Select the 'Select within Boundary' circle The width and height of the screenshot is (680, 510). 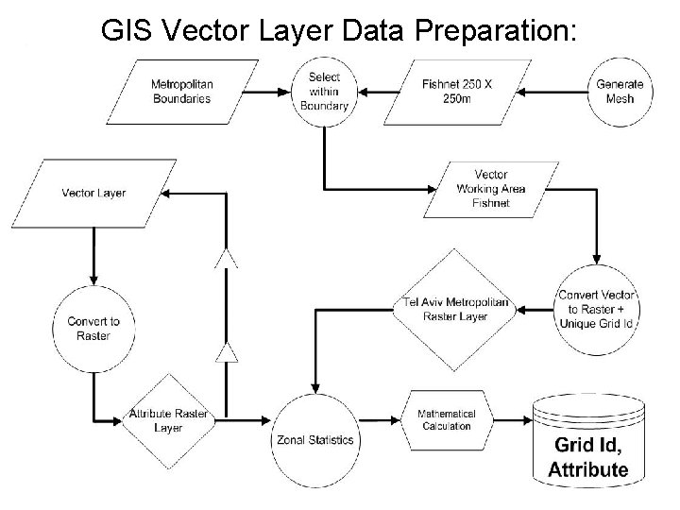[x=324, y=92]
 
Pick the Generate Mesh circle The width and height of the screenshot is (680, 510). [x=620, y=92]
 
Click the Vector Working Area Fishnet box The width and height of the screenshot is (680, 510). [x=490, y=189]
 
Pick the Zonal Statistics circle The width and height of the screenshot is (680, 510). [x=315, y=439]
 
